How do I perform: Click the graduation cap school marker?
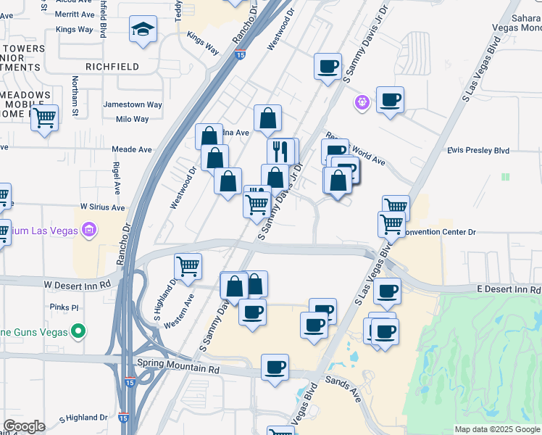(143, 30)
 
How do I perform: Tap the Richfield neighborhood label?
(112, 67)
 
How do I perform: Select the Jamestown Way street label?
(133, 105)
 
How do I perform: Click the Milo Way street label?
(133, 119)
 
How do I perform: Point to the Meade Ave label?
(131, 149)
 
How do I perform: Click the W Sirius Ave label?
(102, 207)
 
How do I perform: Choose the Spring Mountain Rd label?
(178, 368)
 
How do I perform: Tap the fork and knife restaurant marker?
(280, 152)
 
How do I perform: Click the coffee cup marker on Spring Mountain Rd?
(275, 368)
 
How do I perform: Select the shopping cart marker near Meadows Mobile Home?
(45, 117)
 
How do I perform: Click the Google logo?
(24, 426)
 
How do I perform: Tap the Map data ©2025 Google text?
(496, 429)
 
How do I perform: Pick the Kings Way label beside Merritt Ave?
(75, 30)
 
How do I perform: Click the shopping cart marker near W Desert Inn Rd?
(188, 266)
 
